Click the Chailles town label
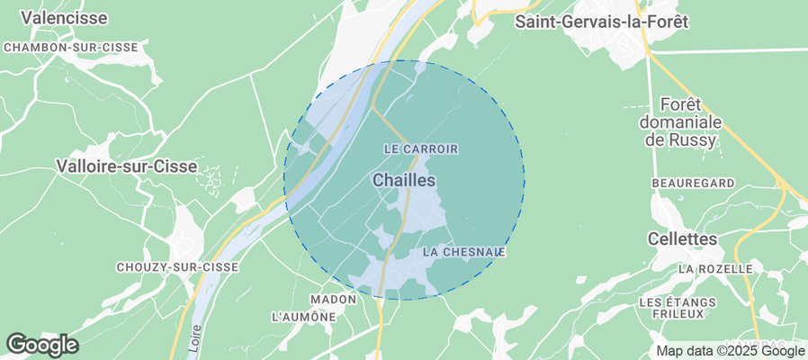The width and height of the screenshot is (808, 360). coord(403,181)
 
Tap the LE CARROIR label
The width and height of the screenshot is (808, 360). coord(421,148)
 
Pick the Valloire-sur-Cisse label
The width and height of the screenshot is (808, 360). coord(113,166)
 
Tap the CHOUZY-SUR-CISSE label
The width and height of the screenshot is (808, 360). coord(177,267)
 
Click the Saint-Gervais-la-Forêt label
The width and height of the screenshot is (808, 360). coord(601,22)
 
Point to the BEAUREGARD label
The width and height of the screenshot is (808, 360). coord(693,183)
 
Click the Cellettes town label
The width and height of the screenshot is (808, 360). coord(683,239)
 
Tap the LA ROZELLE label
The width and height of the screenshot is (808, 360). coord(715,269)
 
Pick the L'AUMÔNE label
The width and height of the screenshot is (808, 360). coord(303,317)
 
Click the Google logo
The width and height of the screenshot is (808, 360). coord(42,345)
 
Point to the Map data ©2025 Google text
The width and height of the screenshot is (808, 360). coord(730,351)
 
